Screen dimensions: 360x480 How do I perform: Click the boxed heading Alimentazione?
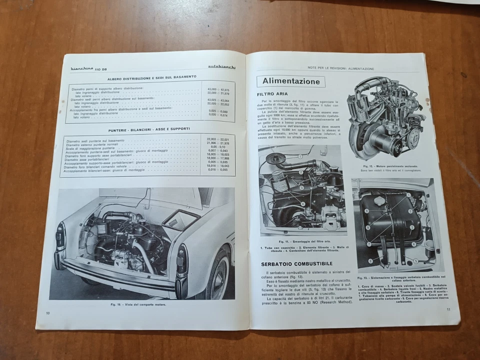290,81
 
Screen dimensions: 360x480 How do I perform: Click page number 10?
48,313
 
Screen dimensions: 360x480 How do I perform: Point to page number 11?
448,309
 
